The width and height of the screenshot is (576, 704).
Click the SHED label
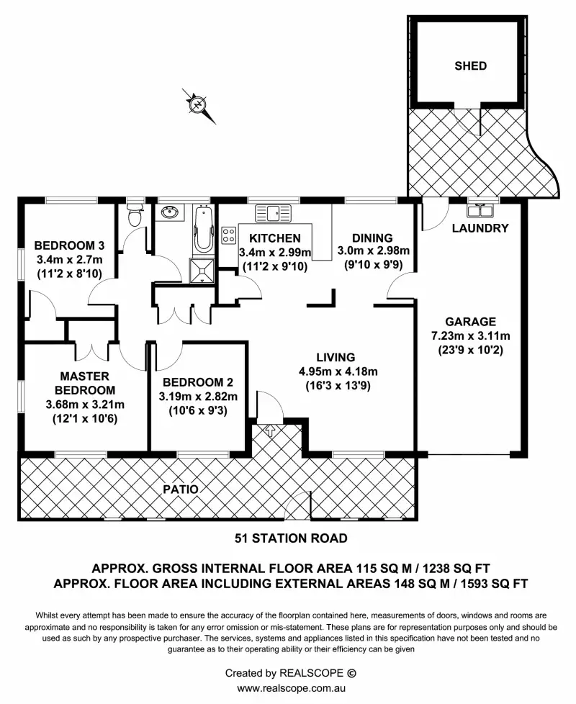click(470, 66)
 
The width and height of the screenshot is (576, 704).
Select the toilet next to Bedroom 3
click(133, 214)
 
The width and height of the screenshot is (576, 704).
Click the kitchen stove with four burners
click(229, 235)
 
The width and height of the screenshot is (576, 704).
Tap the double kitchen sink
click(274, 212)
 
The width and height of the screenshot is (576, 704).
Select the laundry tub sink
click(479, 211)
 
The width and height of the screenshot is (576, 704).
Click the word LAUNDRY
click(480, 228)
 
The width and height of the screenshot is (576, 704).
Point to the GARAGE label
click(470, 322)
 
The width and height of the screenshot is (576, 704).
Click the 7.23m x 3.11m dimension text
click(470, 335)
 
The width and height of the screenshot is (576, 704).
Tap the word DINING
click(373, 238)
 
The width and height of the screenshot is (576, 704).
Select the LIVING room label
click(336, 357)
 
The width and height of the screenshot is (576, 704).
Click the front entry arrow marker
click(271, 431)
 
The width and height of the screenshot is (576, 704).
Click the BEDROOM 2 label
click(197, 382)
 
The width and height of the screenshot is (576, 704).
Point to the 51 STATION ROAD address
click(292, 538)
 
